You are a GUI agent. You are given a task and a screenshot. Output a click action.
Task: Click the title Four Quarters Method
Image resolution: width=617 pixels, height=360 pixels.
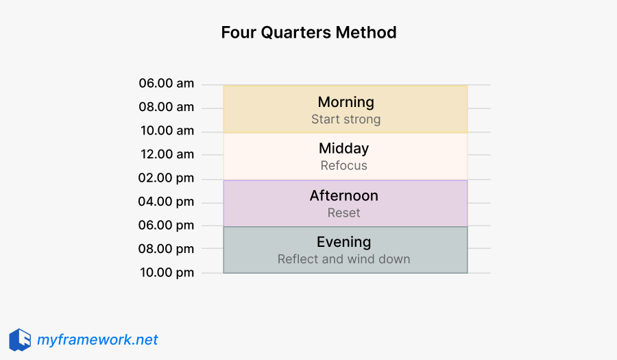coord(308,32)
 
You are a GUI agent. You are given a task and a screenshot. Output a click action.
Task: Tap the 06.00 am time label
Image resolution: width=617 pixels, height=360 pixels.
coord(167,84)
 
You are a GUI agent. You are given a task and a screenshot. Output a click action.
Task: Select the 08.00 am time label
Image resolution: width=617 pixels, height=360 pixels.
coord(167,107)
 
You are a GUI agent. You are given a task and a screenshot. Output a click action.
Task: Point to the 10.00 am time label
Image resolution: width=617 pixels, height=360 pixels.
coord(167,131)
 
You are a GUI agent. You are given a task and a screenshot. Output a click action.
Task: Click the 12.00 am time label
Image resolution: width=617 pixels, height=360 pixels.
coord(167,154)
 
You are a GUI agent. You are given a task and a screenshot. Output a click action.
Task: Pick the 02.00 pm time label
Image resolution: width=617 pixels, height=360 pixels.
coord(167,178)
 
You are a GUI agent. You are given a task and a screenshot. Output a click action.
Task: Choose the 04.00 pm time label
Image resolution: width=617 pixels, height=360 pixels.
coord(167,202)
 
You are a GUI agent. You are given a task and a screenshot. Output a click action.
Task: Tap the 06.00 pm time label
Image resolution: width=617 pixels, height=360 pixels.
coord(167,225)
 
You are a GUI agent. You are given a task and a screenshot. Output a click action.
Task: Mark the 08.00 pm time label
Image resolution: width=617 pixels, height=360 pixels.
coord(167,249)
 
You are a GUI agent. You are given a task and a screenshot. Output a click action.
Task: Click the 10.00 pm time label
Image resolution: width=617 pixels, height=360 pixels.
coord(167,272)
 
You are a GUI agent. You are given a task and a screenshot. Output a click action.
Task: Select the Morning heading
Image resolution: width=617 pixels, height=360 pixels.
coord(346,102)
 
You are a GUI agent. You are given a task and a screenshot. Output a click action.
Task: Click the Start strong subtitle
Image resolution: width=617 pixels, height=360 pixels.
coord(346,119)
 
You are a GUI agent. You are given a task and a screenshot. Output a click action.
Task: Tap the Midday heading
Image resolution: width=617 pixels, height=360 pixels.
coord(344,149)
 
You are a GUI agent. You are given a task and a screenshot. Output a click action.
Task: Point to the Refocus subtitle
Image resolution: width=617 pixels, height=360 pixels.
coord(344,166)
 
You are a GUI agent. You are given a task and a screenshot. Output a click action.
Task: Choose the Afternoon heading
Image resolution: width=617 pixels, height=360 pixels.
coord(344,196)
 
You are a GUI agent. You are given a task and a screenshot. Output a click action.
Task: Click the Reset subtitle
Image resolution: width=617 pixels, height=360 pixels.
coord(344,213)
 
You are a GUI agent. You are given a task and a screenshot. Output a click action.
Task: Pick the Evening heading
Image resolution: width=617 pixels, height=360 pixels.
coord(344,242)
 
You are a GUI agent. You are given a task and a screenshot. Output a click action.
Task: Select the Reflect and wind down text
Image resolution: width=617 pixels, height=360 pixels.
coord(344,259)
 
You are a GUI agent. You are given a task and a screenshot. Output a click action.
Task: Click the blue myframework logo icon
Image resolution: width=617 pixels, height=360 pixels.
coord(20,339)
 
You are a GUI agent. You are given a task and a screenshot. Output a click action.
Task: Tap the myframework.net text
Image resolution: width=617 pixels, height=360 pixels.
coord(97,339)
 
